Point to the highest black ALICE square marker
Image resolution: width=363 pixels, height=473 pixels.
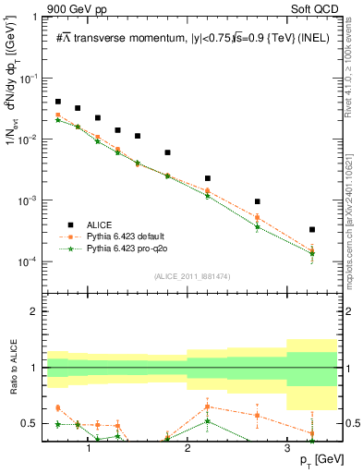[x=58, y=102]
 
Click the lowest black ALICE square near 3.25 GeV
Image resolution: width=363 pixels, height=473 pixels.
[x=312, y=229]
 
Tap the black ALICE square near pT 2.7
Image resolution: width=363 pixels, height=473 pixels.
[x=258, y=201]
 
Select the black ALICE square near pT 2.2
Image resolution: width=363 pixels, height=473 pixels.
[x=208, y=177]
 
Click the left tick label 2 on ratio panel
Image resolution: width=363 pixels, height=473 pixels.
[x=37, y=311]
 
